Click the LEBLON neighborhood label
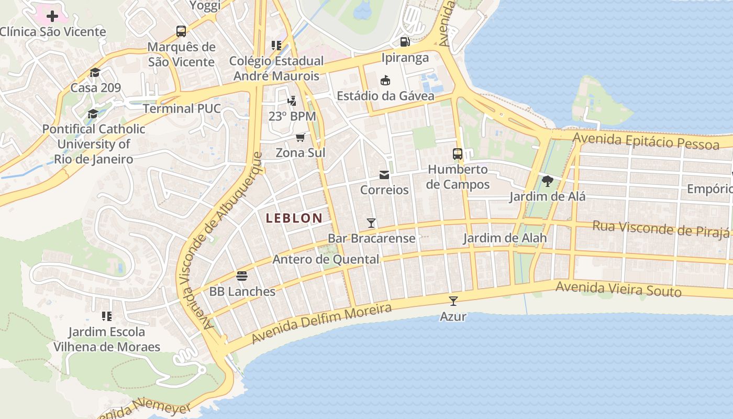point(294,218)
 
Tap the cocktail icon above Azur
point(453,301)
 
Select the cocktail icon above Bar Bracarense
point(371,223)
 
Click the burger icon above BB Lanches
point(242,275)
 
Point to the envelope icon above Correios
point(384,174)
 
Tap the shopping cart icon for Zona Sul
point(301,137)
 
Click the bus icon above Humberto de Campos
point(458,154)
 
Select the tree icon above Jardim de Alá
point(548,181)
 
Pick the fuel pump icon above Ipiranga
point(405,42)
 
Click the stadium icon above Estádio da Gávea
point(385,80)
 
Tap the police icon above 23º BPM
point(292,101)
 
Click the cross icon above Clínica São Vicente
point(52,16)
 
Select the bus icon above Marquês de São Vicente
point(181,31)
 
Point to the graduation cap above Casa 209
point(95,72)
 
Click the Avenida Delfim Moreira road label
point(321,324)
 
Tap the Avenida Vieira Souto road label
point(618,289)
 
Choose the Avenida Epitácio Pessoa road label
point(646,141)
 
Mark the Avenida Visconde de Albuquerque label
point(220,240)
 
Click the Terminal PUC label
point(182,108)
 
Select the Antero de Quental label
point(326,259)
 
